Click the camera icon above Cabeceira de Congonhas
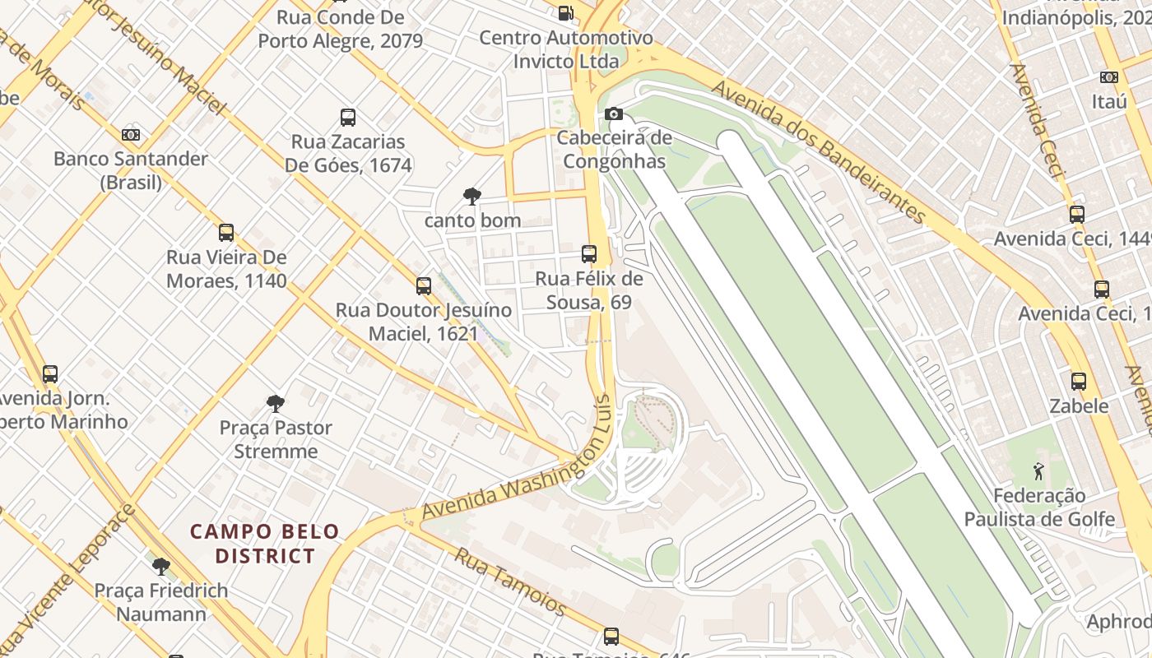pos(614,114)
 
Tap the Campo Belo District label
pos(265,544)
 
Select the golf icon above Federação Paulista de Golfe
pos(1038,472)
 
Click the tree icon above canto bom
pos(472,197)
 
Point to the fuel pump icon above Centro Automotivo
pos(565,12)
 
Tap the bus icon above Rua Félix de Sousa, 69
pos(589,254)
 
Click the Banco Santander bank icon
pos(131,135)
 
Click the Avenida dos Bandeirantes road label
pos(820,151)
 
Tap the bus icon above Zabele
pos(1079,382)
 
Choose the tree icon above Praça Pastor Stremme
pos(276,404)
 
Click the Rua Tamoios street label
pos(510,582)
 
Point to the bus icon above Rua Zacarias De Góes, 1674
pos(348,118)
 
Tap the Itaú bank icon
pos(1109,77)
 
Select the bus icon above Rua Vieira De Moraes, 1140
pos(226,233)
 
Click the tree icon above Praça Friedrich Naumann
pos(161,567)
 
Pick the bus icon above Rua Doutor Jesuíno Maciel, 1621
pos(424,286)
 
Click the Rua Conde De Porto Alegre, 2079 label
pos(341,29)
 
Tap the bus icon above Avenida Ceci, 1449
pos(1077,215)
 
